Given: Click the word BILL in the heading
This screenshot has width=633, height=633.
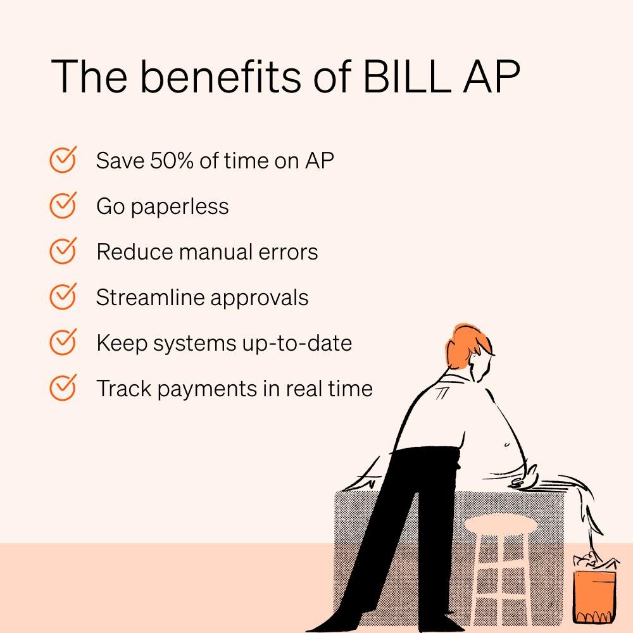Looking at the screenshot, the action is [x=407, y=77].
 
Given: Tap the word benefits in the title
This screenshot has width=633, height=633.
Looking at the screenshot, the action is [x=220, y=76].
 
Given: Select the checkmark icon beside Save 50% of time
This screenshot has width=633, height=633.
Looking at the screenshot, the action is [x=63, y=160].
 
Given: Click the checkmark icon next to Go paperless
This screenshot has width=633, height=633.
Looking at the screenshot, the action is [x=63, y=205].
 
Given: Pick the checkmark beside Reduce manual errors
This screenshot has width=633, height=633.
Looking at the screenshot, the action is [x=63, y=251].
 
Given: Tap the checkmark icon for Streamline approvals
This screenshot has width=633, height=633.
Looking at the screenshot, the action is [x=63, y=296].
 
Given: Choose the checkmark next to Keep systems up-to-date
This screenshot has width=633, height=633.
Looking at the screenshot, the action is [x=63, y=342].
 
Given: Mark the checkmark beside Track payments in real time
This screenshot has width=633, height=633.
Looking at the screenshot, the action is [x=63, y=387].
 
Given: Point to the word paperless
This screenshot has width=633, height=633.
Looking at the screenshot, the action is [x=180, y=208].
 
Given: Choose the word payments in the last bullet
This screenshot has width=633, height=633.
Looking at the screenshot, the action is [x=208, y=390].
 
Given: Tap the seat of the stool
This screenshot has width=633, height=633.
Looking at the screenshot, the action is [x=501, y=523].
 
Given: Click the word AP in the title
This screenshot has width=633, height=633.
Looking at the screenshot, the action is [x=491, y=77].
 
